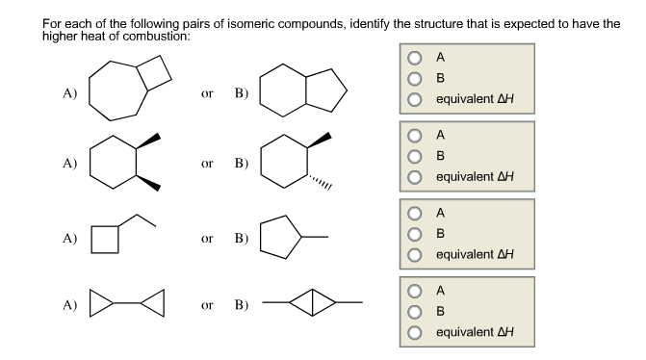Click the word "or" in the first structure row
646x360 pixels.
[206, 93]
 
